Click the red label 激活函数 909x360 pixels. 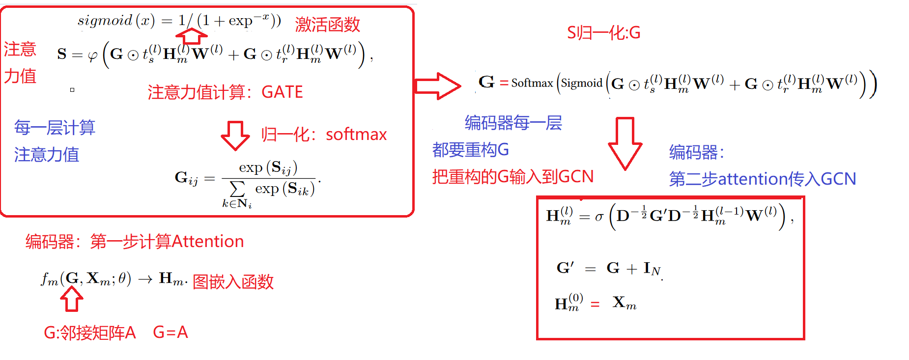(327, 25)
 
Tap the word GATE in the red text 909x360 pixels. (282, 92)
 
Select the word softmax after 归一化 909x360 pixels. (356, 134)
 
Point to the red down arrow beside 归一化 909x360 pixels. (235, 135)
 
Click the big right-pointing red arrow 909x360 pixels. (437, 86)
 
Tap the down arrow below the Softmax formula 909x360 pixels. (625, 143)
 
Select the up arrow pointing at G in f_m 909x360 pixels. (72, 299)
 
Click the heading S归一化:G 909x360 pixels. (603, 33)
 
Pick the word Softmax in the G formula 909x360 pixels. (532, 83)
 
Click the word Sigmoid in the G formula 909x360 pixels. (582, 83)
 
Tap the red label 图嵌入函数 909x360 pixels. (233, 282)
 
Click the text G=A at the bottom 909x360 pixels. (170, 332)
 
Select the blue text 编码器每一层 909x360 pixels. (513, 123)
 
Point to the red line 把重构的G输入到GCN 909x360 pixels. (512, 176)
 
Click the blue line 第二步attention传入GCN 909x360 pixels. (762, 179)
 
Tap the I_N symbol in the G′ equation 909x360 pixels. (652, 269)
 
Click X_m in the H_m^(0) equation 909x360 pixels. (624, 303)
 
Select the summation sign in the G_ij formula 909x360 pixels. (237, 189)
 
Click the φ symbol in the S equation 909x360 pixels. (92, 55)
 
